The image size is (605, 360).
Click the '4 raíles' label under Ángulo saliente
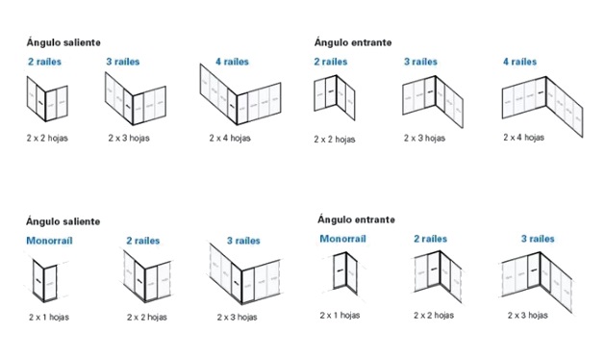click(x=232, y=62)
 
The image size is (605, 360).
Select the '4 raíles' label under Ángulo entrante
click(x=519, y=62)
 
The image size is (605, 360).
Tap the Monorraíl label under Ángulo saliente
click(x=49, y=241)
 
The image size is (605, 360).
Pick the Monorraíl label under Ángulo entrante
click(x=342, y=239)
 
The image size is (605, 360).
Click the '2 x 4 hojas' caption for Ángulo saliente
click(x=230, y=138)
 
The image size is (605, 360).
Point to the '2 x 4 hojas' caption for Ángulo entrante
click(x=523, y=137)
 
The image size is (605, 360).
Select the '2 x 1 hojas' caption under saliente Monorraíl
click(x=49, y=317)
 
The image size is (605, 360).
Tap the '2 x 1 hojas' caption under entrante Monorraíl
click(x=340, y=315)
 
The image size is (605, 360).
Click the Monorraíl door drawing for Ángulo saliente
click(x=44, y=280)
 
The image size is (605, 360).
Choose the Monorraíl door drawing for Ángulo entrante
click(x=345, y=273)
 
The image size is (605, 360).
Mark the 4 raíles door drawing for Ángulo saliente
click(x=240, y=94)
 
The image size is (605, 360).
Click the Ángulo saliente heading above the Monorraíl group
click(x=63, y=221)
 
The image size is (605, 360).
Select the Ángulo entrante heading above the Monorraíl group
click(x=356, y=219)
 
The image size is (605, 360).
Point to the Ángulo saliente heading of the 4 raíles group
click(x=63, y=42)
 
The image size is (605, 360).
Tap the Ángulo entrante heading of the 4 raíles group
click(x=353, y=42)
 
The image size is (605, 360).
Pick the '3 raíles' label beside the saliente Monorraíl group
click(x=243, y=241)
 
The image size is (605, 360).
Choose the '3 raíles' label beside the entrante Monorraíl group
click(x=538, y=239)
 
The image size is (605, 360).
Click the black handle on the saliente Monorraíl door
click(x=38, y=280)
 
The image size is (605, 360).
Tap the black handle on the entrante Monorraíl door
click(x=340, y=270)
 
